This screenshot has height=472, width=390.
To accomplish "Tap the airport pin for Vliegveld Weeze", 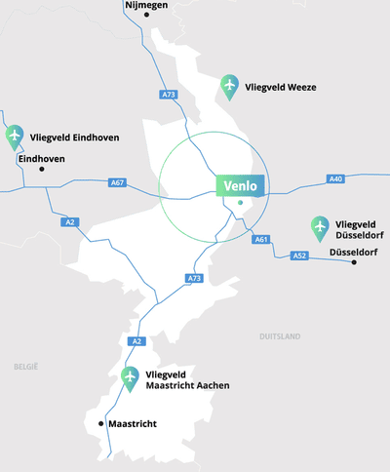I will click(x=229, y=86).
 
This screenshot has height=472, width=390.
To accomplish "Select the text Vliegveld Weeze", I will click(x=282, y=88).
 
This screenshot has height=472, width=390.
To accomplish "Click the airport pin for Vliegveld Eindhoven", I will click(x=14, y=138).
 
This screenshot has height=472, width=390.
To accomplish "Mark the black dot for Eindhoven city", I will click(x=42, y=170).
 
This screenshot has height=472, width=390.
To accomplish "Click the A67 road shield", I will click(x=117, y=182).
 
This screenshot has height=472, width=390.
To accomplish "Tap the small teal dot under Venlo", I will click(x=239, y=203).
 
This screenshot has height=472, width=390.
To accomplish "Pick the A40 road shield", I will click(x=335, y=178).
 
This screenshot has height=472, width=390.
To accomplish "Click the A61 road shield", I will click(x=260, y=239).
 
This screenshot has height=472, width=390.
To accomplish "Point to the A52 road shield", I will click(x=300, y=256).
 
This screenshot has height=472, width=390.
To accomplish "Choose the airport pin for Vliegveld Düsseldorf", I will click(x=319, y=228).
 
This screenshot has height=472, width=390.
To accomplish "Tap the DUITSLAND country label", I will click(x=280, y=336).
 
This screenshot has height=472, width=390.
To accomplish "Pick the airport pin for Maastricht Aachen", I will click(x=130, y=379).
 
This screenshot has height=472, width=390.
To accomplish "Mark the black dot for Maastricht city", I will click(x=101, y=424).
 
